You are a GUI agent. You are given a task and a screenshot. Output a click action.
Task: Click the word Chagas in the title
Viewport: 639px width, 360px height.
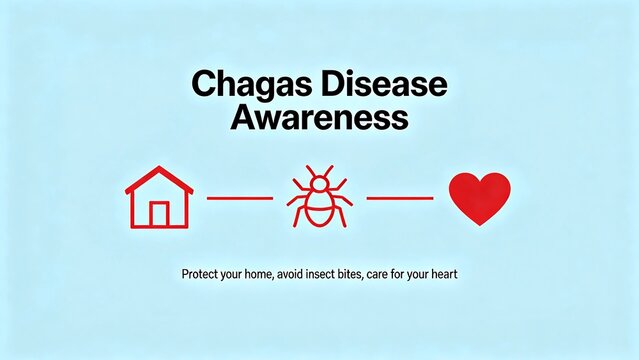pyautogui.click(x=236, y=85)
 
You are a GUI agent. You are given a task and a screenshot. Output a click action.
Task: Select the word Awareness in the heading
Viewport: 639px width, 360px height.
pyautogui.click(x=320, y=118)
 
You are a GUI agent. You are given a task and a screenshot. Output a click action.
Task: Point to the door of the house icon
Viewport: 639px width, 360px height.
pyautogui.click(x=159, y=214)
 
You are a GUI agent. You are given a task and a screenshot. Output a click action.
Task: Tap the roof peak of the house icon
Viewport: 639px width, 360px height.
pyautogui.click(x=159, y=169)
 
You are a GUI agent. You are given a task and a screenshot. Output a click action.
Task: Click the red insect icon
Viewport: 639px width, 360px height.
pyautogui.click(x=319, y=198)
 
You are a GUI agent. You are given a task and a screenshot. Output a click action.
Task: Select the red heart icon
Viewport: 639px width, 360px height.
pyautogui.click(x=480, y=197)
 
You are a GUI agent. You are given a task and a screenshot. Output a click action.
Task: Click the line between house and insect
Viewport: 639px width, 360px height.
pyautogui.click(x=240, y=198)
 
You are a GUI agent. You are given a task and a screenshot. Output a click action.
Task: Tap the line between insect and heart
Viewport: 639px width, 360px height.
pyautogui.click(x=400, y=198)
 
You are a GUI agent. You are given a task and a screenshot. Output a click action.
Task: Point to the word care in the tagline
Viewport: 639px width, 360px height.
pyautogui.click(x=413, y=273)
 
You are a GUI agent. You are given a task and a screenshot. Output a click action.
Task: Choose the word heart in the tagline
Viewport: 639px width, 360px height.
pyautogui.click(x=472, y=273)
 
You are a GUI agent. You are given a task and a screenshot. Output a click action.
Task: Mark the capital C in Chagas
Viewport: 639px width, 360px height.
pyautogui.click(x=200, y=85)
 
